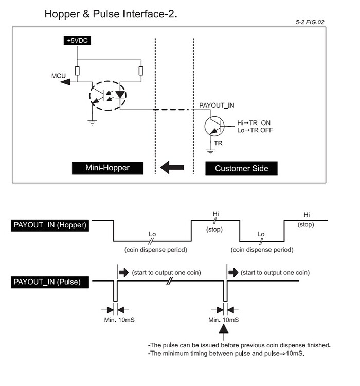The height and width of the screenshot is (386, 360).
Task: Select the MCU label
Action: click(59, 76)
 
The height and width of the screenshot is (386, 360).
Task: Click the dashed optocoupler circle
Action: click(107, 95)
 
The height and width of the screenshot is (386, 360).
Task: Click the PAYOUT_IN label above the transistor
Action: click(217, 105)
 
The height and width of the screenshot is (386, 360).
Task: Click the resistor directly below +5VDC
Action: click(77, 71)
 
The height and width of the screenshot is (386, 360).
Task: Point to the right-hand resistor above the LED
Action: click(141, 71)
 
